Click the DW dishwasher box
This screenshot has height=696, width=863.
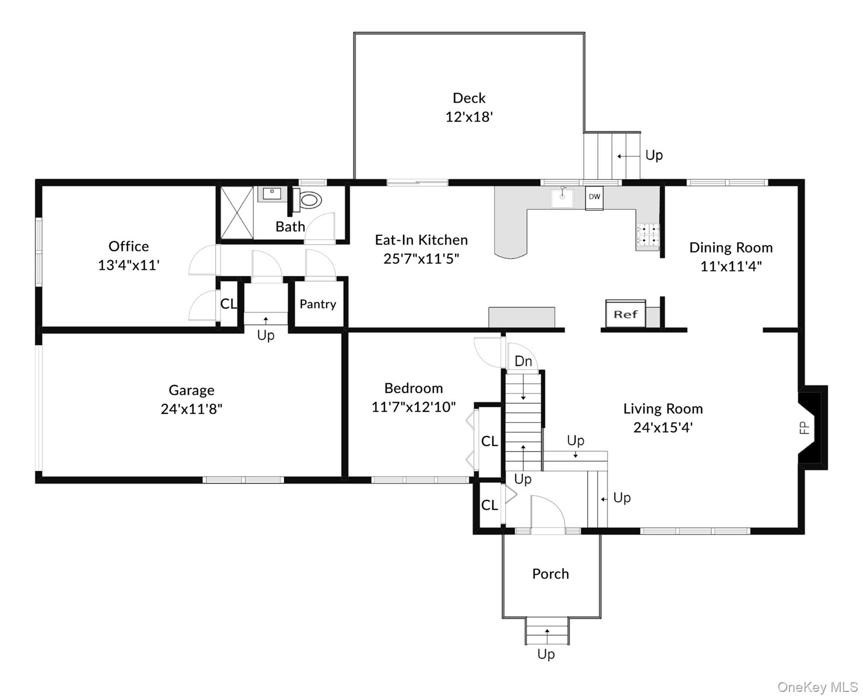pyautogui.click(x=594, y=198)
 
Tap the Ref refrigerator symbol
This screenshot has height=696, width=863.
pyautogui.click(x=625, y=314)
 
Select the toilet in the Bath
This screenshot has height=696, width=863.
pyautogui.click(x=309, y=200)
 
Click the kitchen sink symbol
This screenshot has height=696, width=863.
pyautogui.click(x=562, y=198)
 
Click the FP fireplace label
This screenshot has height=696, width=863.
pyautogui.click(x=804, y=428)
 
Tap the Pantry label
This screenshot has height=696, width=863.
pyautogui.click(x=318, y=304)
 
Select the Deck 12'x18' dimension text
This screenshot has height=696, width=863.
pyautogui.click(x=469, y=117)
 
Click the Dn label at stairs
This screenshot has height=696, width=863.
pyautogui.click(x=523, y=361)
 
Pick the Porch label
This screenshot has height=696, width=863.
pyautogui.click(x=550, y=574)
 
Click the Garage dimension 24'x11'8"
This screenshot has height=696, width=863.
pyautogui.click(x=191, y=409)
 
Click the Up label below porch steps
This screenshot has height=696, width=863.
pyautogui.click(x=546, y=654)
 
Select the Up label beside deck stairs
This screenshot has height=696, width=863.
pyautogui.click(x=654, y=155)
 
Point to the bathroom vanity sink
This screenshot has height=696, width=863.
pyautogui.click(x=272, y=194)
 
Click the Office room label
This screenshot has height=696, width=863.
pyautogui.click(x=129, y=246)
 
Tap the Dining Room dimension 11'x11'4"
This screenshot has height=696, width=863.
pyautogui.click(x=731, y=266)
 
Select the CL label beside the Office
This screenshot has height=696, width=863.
pyautogui.click(x=228, y=304)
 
